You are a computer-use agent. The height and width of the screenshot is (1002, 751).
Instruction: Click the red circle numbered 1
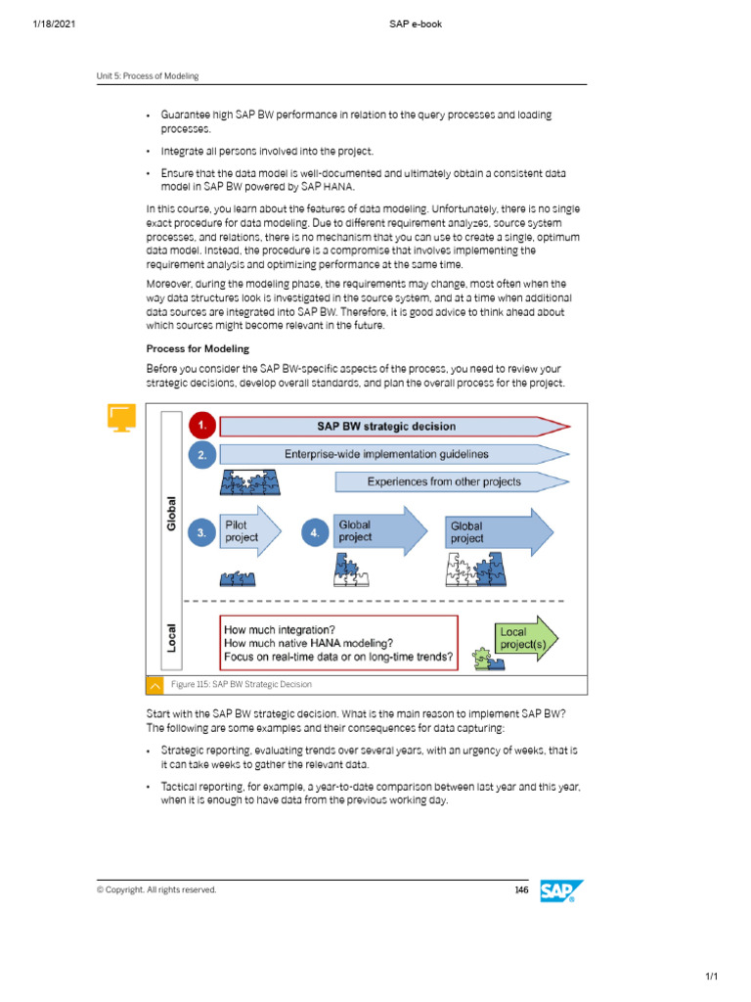coord(201,427)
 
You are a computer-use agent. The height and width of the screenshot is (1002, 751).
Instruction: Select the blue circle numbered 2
coord(201,455)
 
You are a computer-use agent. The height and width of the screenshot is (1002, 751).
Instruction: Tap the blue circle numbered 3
coord(201,533)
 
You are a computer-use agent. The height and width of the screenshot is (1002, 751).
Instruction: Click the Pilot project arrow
coord(249,531)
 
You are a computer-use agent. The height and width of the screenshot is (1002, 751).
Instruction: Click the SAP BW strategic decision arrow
coord(391,427)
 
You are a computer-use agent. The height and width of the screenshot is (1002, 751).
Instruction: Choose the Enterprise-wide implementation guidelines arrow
coord(391,454)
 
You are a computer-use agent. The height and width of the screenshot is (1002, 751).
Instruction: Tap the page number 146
coord(521,889)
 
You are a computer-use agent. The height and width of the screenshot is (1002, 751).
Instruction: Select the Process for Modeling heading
coord(198,348)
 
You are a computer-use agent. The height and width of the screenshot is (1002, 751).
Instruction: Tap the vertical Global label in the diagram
coord(172,513)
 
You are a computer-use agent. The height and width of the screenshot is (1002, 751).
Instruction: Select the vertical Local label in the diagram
coord(172,637)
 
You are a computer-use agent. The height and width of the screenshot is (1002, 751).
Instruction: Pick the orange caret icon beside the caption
coord(155,685)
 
